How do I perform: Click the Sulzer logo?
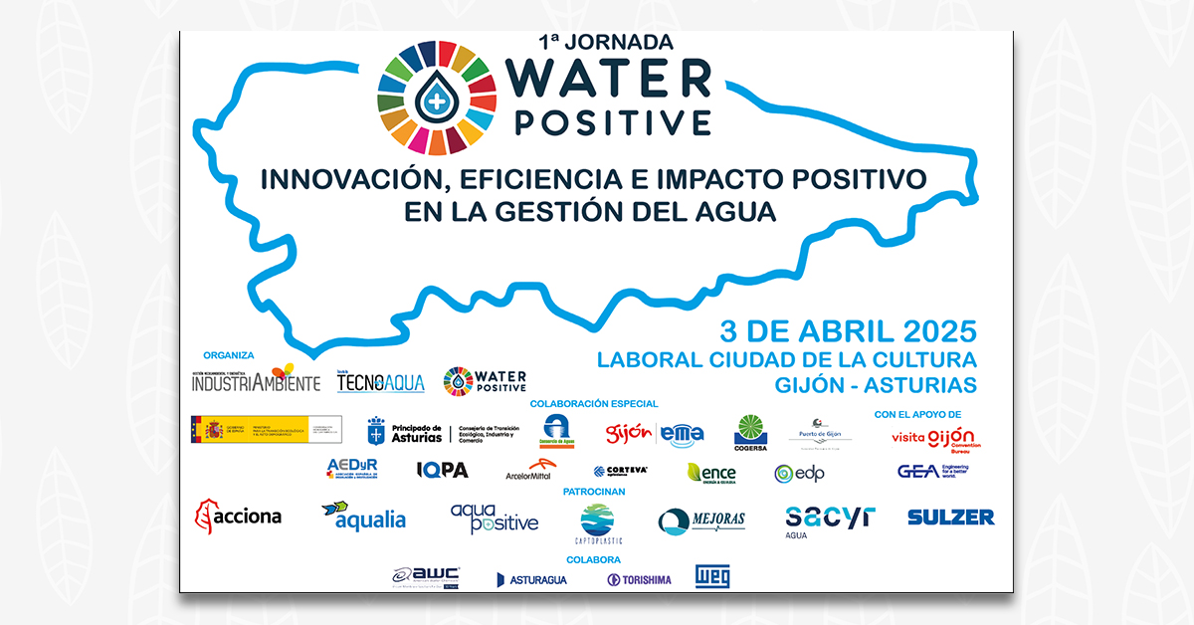pos(950,517)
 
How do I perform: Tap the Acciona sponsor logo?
pos(239,516)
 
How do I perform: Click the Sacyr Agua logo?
pos(830,519)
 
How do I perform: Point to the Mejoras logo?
pos(701,521)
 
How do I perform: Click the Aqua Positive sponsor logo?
pos(494,518)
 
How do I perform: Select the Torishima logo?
pos(639,579)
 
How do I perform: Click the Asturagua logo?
pos(532,579)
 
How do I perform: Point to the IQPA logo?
pos(442,470)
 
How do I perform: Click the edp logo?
pos(802,473)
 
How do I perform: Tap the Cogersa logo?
pos(750,433)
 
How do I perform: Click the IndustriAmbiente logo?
pos(257,380)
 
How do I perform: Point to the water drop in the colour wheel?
pos(433,97)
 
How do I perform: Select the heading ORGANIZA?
pos(229,355)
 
